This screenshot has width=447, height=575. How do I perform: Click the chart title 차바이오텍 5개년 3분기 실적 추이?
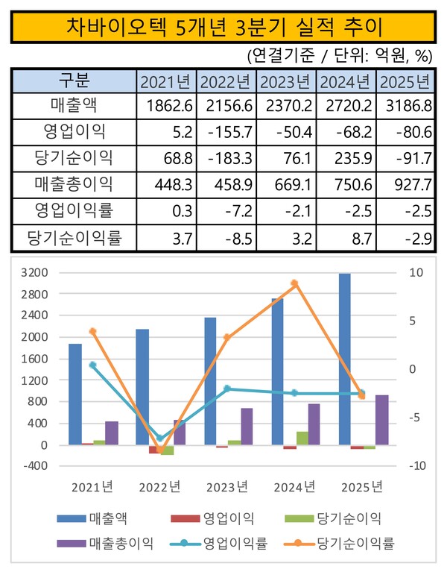[x=223, y=27]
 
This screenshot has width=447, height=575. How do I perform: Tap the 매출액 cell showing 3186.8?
[x=406, y=107]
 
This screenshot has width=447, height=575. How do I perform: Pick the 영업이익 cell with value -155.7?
[x=226, y=133]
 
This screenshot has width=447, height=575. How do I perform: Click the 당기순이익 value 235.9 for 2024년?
[x=346, y=158]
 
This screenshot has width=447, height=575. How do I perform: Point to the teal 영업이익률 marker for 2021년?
[x=93, y=365]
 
